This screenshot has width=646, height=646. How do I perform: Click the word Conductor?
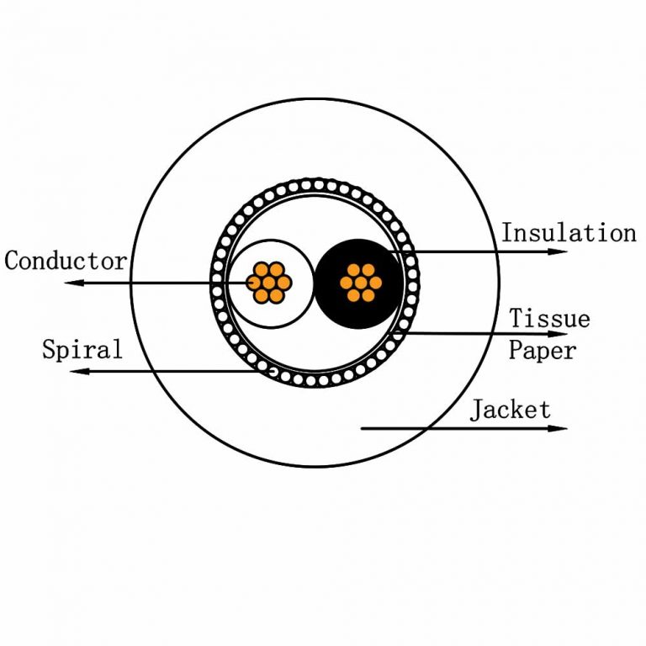tap(66, 261)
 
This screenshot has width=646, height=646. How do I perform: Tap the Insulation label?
tap(569, 232)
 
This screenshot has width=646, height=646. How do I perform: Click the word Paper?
tap(543, 349)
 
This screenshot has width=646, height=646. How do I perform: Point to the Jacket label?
tap(511, 410)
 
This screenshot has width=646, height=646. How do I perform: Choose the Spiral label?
tap(82, 349)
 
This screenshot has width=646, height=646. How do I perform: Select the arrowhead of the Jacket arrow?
tap(560, 428)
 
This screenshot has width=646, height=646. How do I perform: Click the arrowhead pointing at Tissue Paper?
tap(560, 334)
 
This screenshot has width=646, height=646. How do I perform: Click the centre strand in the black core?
tap(360, 283)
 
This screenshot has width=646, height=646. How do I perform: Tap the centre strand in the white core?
tap(269, 283)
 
